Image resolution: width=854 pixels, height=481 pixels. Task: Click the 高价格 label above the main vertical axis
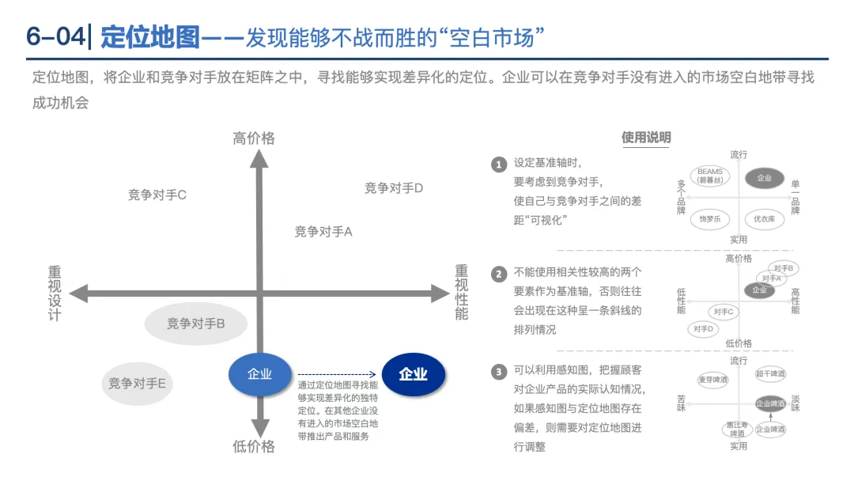[x=254, y=138]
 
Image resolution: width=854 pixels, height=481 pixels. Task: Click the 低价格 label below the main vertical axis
[x=254, y=447]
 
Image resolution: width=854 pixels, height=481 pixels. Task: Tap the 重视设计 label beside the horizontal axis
[x=55, y=294]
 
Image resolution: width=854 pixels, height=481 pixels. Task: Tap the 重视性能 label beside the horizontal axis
[x=462, y=293]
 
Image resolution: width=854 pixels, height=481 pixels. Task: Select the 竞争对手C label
[x=157, y=195]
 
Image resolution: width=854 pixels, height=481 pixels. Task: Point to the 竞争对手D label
[x=394, y=188]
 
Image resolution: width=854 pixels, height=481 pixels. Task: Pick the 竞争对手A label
[x=323, y=232]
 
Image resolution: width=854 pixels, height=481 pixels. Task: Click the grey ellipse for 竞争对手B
[x=196, y=324]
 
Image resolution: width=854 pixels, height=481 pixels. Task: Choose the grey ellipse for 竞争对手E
[x=138, y=384]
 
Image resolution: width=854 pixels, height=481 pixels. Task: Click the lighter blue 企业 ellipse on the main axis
[x=259, y=373]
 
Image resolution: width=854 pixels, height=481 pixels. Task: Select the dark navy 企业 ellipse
[x=414, y=374]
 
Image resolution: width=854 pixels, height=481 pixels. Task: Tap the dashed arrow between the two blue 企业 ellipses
[x=336, y=374]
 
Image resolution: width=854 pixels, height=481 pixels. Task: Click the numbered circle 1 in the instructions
[x=498, y=165]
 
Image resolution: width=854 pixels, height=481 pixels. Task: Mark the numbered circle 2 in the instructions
[x=498, y=275]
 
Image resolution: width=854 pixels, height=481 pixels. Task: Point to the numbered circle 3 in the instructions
[x=498, y=371]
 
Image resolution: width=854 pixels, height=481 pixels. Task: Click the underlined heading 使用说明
[x=646, y=138]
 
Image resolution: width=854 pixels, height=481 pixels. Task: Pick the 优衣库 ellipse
[x=764, y=219]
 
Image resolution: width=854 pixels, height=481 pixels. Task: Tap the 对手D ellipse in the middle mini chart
[x=703, y=328]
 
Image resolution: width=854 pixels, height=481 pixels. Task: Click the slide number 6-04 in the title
[x=54, y=37]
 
